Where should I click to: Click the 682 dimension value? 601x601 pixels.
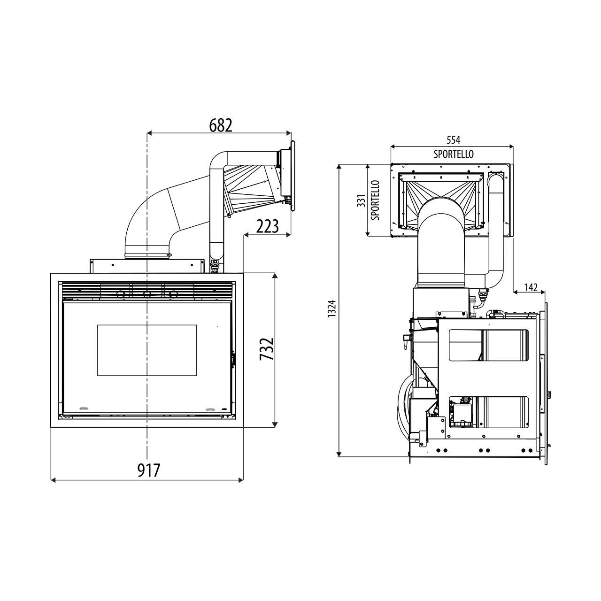221,125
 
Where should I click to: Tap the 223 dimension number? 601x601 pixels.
267,226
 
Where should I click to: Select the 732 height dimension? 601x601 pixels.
267,349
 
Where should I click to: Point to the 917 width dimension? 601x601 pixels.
149,470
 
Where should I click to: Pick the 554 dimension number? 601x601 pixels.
453,140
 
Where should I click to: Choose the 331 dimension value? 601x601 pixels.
361,200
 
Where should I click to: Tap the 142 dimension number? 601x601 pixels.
531,287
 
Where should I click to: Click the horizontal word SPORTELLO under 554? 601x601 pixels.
454,154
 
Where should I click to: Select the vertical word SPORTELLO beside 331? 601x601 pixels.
376,200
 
